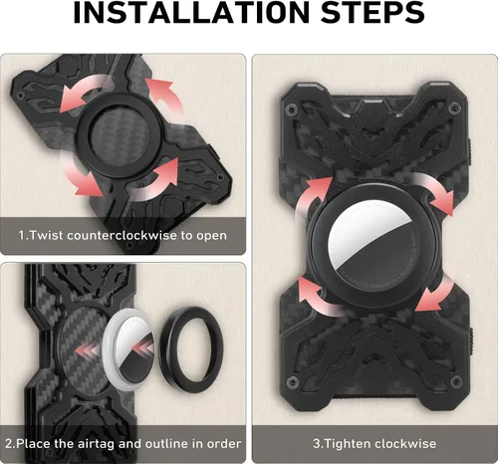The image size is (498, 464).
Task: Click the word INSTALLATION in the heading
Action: tap(192, 12)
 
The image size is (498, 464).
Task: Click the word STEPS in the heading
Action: tap(373, 12)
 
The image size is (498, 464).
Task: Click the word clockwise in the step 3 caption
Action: tap(405, 444)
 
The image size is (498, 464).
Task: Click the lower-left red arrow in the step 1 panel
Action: tap(80, 178)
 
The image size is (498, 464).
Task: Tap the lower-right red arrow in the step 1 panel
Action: tap(156, 181)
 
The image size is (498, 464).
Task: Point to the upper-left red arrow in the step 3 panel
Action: tap(311, 196)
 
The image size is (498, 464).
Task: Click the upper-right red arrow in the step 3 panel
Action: tap(433, 191)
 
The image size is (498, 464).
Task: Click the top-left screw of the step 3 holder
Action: tap(292, 108)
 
